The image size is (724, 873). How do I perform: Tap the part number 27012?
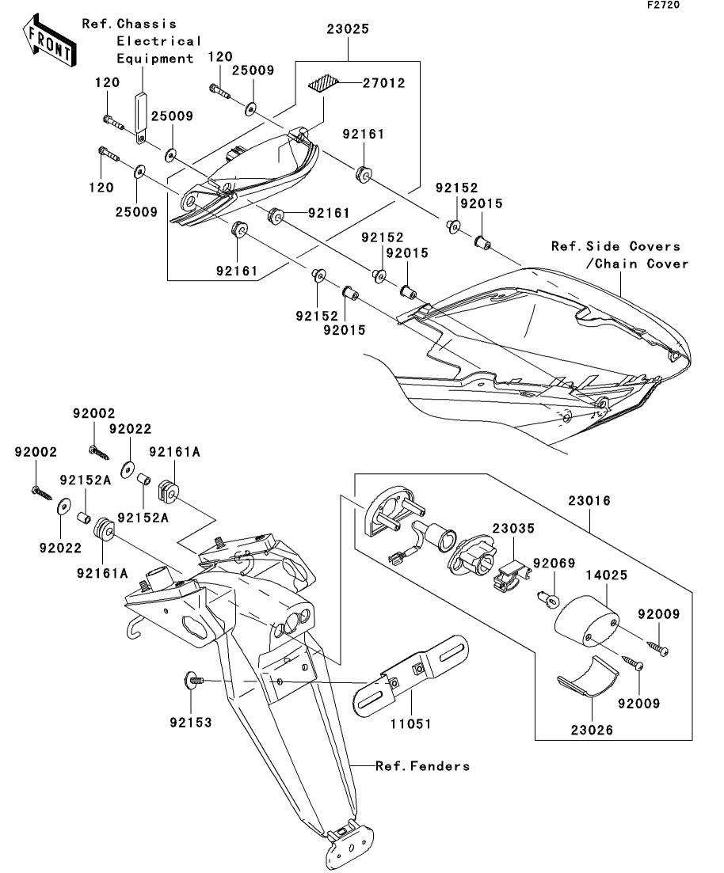click(384, 83)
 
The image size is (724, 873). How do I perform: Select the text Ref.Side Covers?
click(615, 247)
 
